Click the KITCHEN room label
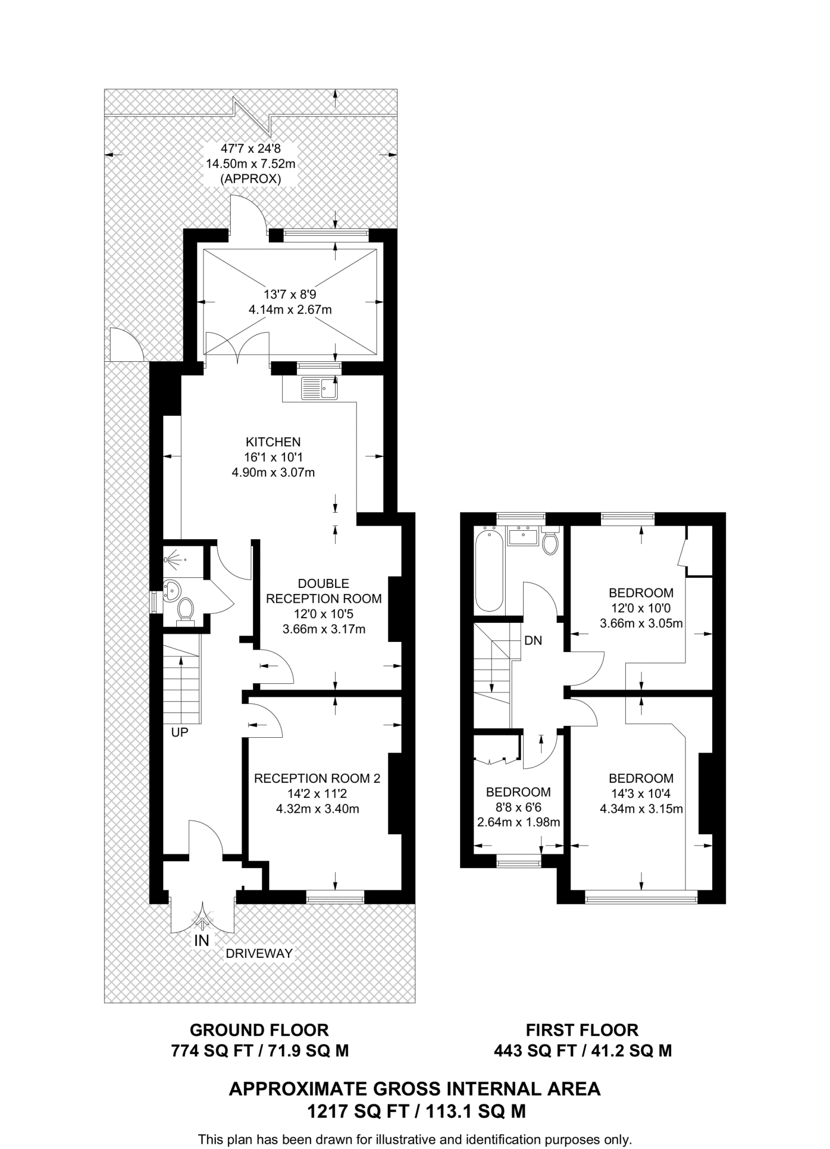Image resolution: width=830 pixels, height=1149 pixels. point(273,442)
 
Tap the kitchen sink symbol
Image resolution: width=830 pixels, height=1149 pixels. point(320,388)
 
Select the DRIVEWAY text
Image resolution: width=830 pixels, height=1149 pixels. point(259,953)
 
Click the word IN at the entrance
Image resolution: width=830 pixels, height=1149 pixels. point(201,941)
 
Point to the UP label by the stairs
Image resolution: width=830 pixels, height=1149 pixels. point(180,732)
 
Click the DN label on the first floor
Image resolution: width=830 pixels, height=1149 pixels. point(533,640)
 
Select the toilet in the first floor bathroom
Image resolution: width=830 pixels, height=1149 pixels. point(551,541)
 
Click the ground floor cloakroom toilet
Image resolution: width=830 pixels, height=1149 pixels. point(185,610)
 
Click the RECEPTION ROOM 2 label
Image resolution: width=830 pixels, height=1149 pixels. point(317,778)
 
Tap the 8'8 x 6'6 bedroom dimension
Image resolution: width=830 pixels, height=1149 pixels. point(518,807)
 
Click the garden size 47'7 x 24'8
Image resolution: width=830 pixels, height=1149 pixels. point(250,149)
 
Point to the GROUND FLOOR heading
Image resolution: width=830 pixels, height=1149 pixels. point(259,1030)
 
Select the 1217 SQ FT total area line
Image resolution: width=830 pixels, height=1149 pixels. point(415,1111)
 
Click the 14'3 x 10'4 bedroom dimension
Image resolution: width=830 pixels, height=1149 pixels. point(641,793)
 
